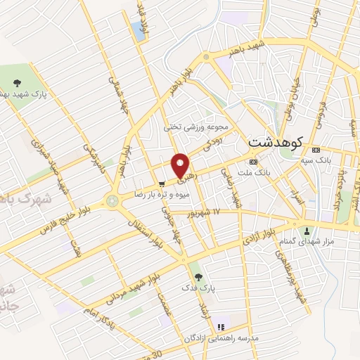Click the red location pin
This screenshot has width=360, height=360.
181,166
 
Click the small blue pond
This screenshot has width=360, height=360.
136,28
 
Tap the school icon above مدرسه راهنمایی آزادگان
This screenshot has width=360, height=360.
219,327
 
